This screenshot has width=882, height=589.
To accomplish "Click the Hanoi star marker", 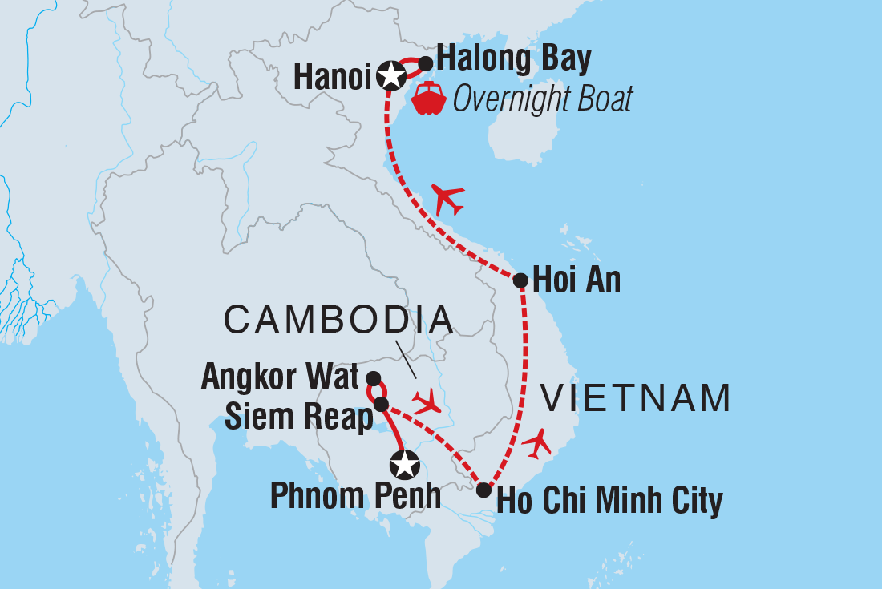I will click(390, 75).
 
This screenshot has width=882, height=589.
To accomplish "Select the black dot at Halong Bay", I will click(426, 63).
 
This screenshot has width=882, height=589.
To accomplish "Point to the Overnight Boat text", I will click(542, 99).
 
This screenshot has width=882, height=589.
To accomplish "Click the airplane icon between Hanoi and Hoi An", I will click(447, 198).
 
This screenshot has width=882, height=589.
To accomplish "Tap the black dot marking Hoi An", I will click(520, 280).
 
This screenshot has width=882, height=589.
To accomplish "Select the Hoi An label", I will click(577, 280).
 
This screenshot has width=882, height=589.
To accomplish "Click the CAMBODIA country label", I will click(338, 320).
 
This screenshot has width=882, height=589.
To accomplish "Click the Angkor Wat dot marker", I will click(373, 377).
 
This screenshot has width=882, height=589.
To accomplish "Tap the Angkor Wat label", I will click(280, 377).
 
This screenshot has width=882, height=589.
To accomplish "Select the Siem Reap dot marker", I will click(382, 404).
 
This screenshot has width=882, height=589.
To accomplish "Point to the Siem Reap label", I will click(297, 418).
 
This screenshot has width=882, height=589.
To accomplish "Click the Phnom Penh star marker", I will click(404, 464).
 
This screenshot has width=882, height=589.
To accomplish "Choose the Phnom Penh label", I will click(355, 496).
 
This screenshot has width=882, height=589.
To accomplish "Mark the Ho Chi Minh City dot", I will click(483, 490).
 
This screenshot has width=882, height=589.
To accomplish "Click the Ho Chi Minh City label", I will click(610, 502).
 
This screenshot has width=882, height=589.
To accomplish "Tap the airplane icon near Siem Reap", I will click(426, 401).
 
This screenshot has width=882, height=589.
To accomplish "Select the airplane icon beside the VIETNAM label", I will click(536, 442).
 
